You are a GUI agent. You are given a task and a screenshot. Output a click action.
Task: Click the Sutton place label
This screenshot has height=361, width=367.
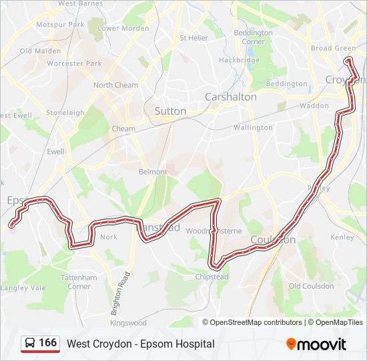click(170, 111)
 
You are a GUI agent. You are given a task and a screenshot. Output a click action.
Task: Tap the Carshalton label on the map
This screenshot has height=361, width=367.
click(230, 97)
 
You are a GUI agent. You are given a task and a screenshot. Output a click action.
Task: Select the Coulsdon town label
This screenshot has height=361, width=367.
click(272, 239)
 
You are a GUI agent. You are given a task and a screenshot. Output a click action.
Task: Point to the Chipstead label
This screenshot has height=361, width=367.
click(213, 277)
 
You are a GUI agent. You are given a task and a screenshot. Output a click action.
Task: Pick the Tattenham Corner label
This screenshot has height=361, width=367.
click(79, 281)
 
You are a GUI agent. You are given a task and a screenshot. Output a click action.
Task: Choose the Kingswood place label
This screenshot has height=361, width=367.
click(129, 323)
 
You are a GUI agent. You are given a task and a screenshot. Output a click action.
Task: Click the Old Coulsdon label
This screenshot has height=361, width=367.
click(311, 286)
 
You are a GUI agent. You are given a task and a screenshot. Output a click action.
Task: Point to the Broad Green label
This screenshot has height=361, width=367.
click(333, 48)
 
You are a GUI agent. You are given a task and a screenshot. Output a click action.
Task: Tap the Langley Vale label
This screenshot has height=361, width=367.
click(23, 288)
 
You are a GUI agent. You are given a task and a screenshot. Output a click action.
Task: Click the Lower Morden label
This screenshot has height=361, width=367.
click(123, 29)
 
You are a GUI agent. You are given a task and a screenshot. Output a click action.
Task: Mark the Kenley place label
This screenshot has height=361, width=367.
click(342, 237)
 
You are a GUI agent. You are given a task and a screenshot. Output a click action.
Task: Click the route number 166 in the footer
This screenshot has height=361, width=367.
click(47, 343)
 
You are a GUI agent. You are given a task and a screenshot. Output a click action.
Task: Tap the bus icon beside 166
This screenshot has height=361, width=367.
click(30, 344)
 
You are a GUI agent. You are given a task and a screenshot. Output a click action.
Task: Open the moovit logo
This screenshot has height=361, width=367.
click(316, 344)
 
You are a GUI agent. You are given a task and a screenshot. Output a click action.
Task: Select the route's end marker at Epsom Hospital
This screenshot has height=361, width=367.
click(11, 226)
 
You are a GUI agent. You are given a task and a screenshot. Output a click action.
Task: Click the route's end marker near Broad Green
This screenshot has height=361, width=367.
click(347, 61)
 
